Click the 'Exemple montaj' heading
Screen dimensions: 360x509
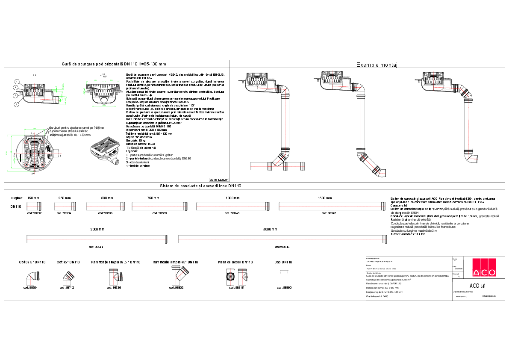point(377,65)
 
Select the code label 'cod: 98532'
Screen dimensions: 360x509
point(34,213)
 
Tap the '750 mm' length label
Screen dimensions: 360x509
point(153,198)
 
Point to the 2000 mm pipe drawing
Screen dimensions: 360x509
point(97,238)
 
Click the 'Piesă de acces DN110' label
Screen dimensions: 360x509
point(235,262)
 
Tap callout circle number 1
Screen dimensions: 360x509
point(16,81)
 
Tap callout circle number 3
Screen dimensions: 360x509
point(16,104)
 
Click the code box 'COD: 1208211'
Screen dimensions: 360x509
point(219,180)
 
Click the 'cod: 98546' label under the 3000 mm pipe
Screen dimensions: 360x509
point(282,247)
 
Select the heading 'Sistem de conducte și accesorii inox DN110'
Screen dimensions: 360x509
point(201,186)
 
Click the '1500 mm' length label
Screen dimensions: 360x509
point(325,198)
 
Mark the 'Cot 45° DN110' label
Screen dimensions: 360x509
point(68,262)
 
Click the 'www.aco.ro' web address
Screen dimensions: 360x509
point(461,296)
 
